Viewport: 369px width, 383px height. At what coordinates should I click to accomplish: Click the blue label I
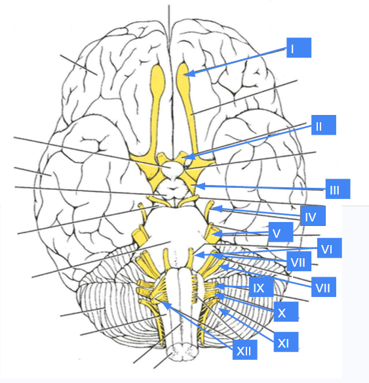(x=299, y=48)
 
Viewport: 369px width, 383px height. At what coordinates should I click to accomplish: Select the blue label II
(x=324, y=125)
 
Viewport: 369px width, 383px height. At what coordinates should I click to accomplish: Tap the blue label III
(x=338, y=189)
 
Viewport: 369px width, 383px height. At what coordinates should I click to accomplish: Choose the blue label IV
(x=313, y=215)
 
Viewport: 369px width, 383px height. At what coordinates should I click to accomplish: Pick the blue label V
(x=281, y=232)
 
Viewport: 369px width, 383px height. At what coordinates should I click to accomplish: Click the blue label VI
(x=329, y=248)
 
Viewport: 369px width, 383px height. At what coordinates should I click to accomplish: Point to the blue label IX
(x=262, y=287)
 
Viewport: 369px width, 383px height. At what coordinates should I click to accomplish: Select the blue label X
(x=286, y=311)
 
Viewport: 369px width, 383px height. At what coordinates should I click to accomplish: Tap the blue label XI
(x=286, y=342)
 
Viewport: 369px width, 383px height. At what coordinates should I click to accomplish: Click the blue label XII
(x=244, y=349)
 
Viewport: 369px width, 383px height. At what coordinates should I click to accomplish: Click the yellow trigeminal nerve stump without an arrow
(x=140, y=235)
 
